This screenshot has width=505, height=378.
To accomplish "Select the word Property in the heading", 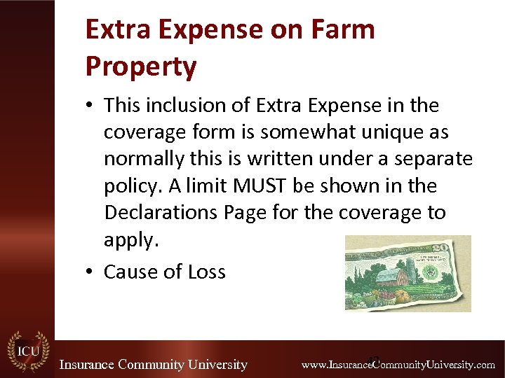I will coord(140,66).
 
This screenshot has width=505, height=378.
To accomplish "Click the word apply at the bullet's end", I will coord(130,240).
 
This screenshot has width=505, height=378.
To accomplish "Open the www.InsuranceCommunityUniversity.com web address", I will coord(398,365).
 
